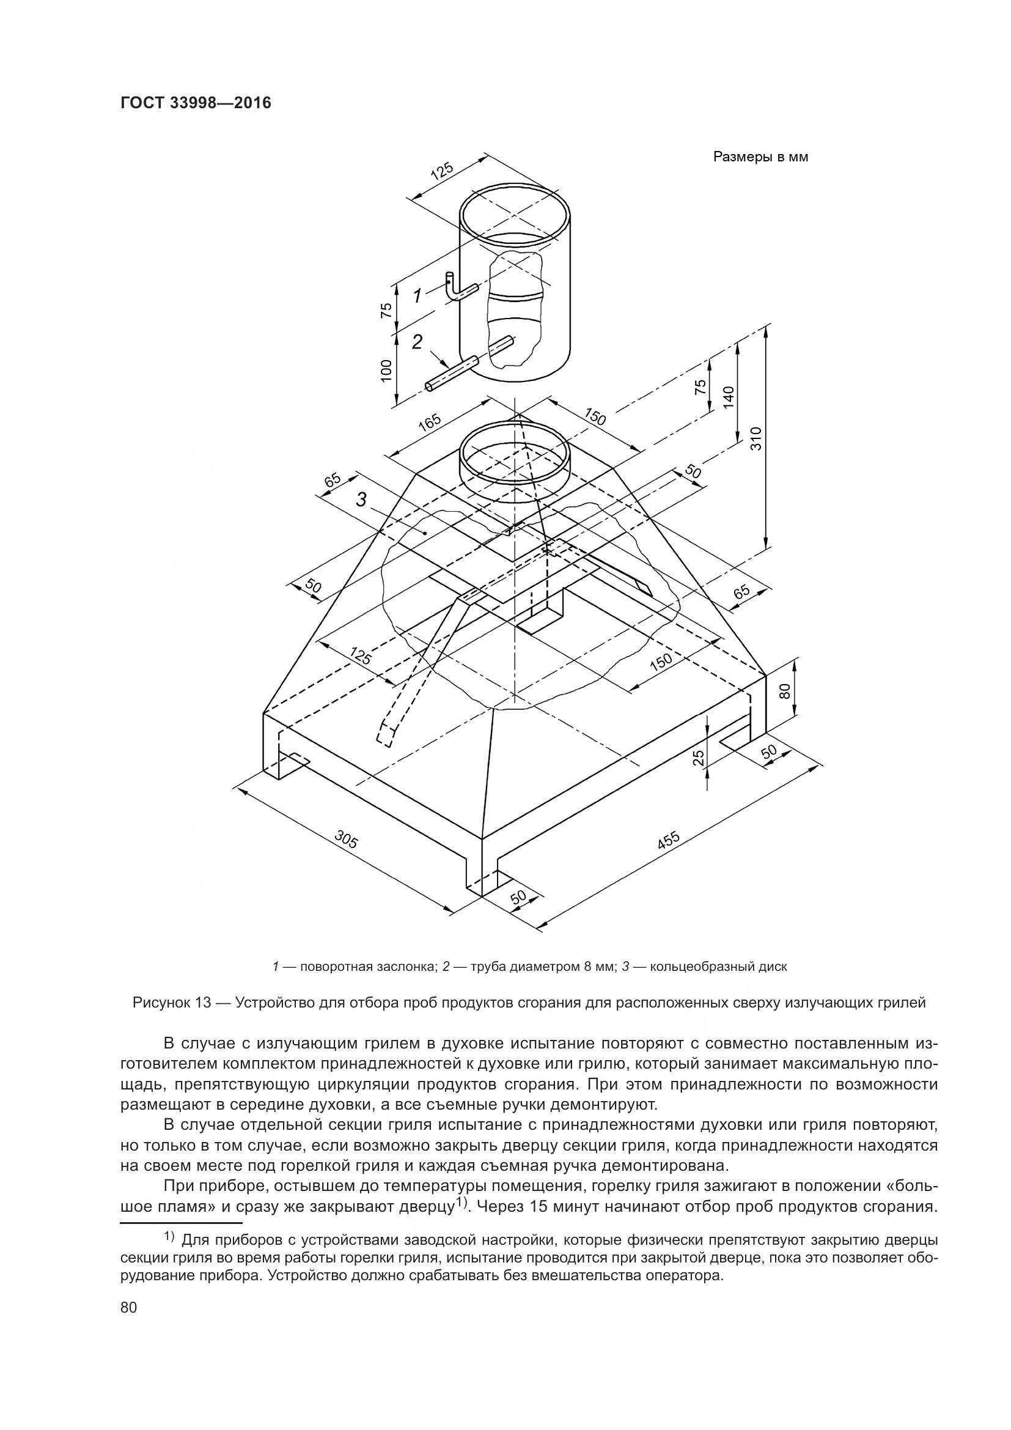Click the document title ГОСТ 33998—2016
[x=196, y=103]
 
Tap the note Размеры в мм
[x=760, y=157]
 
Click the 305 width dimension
[x=347, y=839]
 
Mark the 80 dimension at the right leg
[x=784, y=690]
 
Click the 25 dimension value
[x=699, y=757]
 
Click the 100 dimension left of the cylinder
[x=386, y=371]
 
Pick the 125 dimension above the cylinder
[x=442, y=171]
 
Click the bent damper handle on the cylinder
[x=458, y=288]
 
